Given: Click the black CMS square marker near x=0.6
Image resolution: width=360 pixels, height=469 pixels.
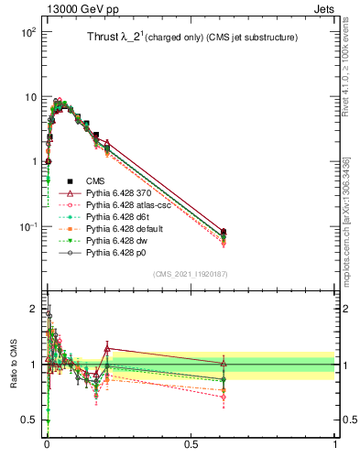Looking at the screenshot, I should [224, 232].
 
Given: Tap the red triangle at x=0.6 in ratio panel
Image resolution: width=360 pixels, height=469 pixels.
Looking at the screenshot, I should [224, 364].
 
